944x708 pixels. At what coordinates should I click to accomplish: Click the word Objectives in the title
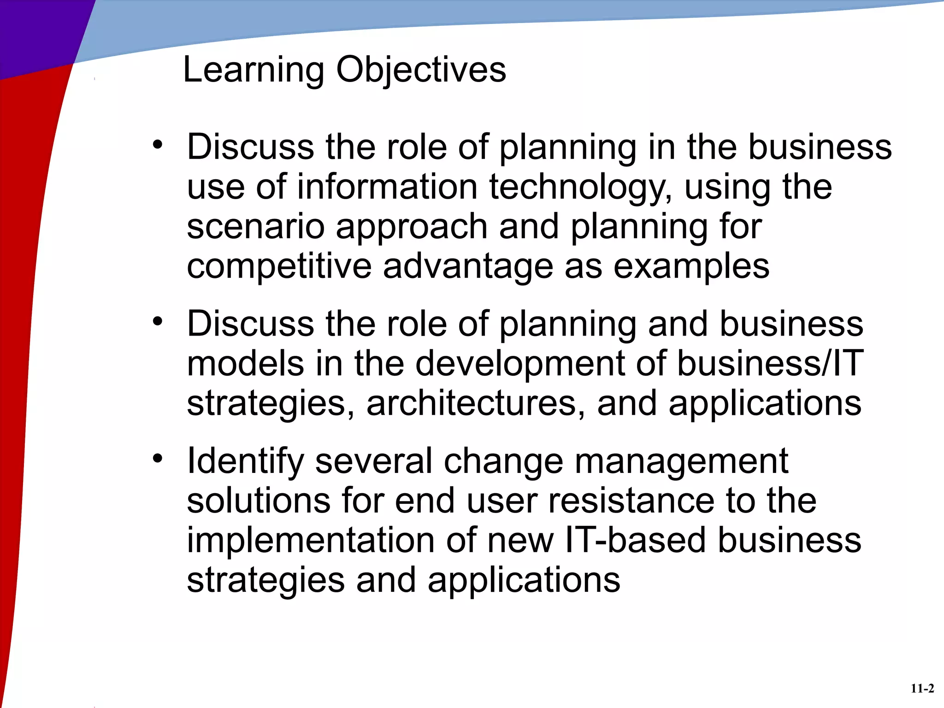click(x=421, y=70)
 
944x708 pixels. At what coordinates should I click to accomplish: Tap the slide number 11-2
click(x=922, y=689)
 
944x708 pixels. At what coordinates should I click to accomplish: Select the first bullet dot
click(x=158, y=145)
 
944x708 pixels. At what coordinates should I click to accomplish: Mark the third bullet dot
click(x=158, y=459)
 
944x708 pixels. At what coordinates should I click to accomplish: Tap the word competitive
click(x=279, y=266)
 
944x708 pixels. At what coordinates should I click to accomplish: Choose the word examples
click(x=691, y=266)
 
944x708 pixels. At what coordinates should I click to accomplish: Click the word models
click(x=245, y=363)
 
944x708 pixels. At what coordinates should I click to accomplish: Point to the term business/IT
click(x=770, y=363)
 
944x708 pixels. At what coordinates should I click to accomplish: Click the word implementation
click(x=310, y=541)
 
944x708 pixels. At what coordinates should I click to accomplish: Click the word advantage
click(x=468, y=266)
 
